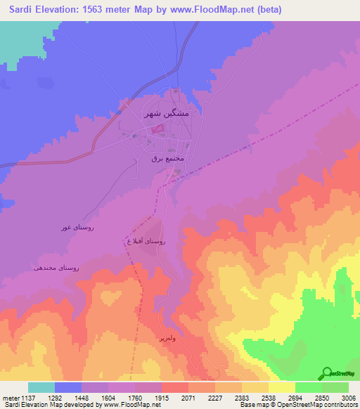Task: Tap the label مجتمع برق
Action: point(167,159)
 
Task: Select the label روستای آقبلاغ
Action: point(145,241)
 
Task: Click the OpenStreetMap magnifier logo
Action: point(327,372)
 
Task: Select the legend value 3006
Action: point(347,397)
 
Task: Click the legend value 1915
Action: point(161,397)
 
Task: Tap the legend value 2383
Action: point(241,397)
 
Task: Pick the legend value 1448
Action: point(81,397)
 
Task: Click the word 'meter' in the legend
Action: point(10,397)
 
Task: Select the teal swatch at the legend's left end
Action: point(41,387)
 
